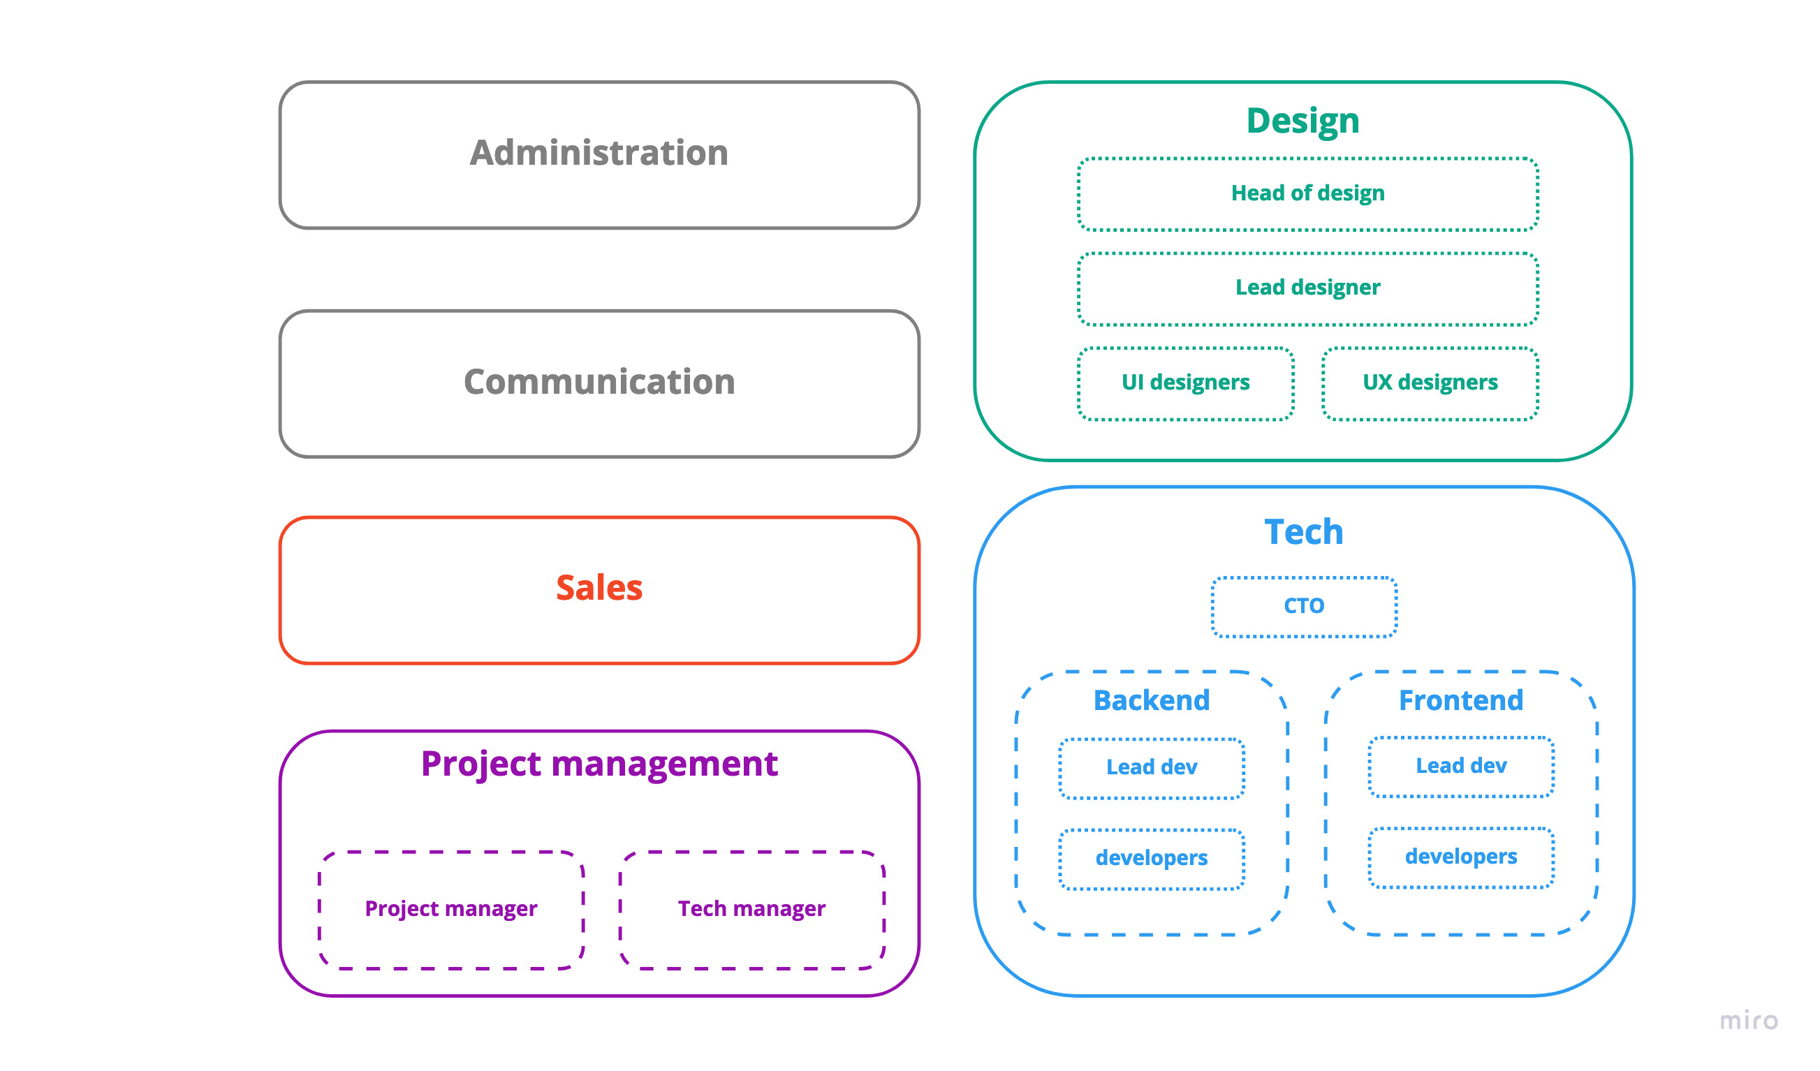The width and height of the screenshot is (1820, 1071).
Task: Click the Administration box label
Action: [599, 152]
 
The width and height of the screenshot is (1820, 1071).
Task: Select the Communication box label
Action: [599, 381]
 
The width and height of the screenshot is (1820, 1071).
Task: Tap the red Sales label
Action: [599, 588]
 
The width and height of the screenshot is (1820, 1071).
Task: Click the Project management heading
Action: [599, 764]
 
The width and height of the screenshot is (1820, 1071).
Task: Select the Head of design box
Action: [1307, 193]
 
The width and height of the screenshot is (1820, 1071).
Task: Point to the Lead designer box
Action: [1307, 288]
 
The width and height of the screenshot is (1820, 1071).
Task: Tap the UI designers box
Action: [1185, 382]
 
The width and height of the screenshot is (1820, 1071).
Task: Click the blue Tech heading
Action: [1303, 532]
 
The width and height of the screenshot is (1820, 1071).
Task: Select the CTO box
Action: [1304, 606]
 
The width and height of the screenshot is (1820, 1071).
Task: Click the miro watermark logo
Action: [1748, 1021]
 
